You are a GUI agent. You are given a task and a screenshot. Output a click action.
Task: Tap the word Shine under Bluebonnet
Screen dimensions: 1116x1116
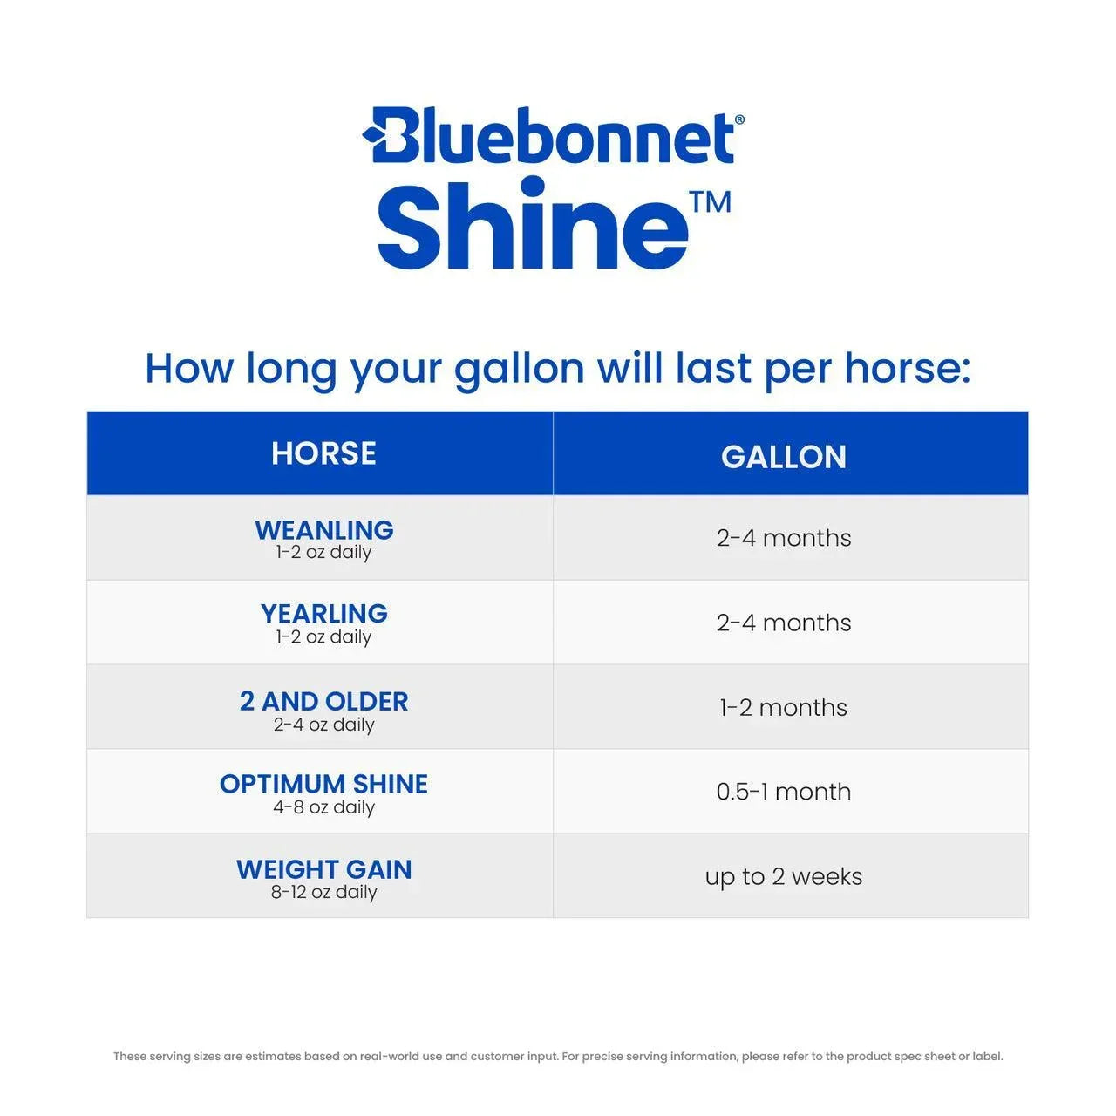(x=532, y=225)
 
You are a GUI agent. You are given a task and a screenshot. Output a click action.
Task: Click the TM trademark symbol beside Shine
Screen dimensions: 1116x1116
(x=710, y=202)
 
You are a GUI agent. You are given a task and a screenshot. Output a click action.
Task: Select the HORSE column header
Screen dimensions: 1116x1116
(x=323, y=453)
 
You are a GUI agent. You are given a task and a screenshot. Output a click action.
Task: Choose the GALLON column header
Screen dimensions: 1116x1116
(x=783, y=457)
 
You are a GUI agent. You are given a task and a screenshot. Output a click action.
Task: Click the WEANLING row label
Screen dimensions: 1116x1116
(x=324, y=530)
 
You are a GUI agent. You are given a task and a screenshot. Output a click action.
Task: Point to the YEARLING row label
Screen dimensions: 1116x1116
(x=324, y=614)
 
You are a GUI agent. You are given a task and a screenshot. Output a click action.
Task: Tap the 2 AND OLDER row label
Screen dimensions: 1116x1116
(x=324, y=701)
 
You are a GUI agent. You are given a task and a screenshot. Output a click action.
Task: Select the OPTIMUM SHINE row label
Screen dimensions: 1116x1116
(x=324, y=784)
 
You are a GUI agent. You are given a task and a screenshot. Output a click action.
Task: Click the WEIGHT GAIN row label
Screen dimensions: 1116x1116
(x=324, y=869)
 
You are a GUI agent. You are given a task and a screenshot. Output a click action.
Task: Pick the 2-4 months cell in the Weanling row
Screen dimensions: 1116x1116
(x=783, y=538)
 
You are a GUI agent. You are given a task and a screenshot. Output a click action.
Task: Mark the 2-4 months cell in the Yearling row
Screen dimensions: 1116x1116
(x=783, y=623)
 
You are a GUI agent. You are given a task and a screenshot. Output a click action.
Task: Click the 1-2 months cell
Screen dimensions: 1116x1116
(x=783, y=707)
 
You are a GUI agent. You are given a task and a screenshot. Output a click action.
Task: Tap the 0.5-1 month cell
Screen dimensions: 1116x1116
(x=783, y=792)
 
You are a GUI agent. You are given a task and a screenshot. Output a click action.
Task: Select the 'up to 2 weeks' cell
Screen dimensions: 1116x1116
(x=783, y=876)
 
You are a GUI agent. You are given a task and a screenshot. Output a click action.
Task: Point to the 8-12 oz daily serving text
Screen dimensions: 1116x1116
(x=324, y=892)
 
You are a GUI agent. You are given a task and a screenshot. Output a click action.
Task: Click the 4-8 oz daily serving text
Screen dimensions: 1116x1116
(x=324, y=807)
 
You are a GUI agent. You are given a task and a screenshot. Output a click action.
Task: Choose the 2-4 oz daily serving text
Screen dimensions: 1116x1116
(x=324, y=725)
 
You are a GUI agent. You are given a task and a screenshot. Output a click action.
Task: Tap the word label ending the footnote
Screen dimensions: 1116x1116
(x=987, y=1057)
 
